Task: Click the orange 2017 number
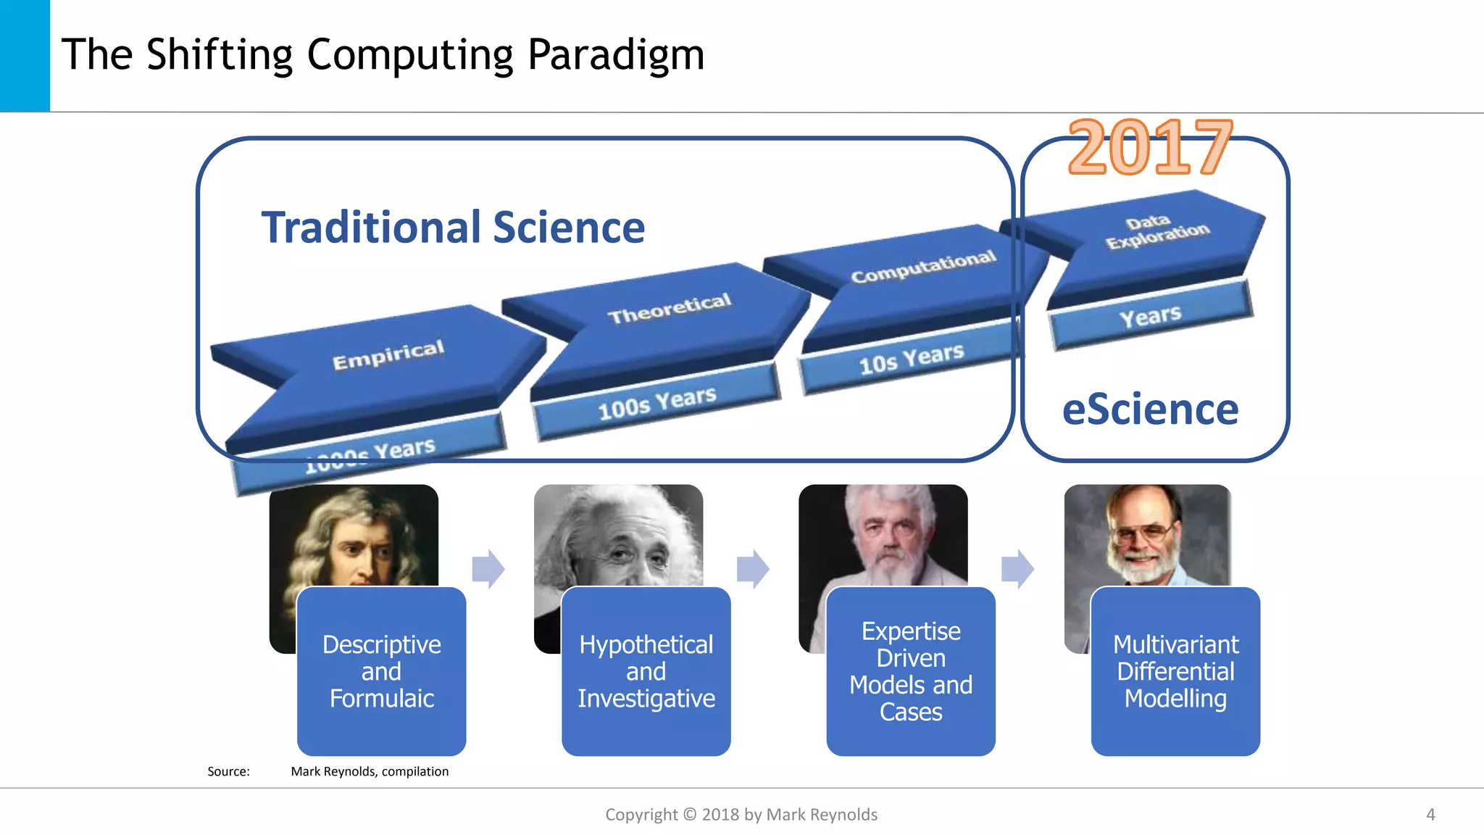tap(1150, 148)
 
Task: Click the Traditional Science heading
tap(453, 228)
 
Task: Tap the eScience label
tap(1150, 410)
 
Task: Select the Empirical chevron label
tap(388, 354)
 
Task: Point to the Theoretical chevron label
tap(669, 309)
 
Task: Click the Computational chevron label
tap(923, 267)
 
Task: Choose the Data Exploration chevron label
tap(1156, 231)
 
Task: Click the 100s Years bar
tap(656, 403)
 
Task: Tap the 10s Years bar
tap(911, 358)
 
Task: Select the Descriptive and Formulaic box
tap(381, 671)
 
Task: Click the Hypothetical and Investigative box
tap(646, 671)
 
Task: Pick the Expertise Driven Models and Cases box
tap(911, 671)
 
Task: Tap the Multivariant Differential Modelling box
tap(1175, 671)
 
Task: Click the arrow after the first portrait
tap(488, 568)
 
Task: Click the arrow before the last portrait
tap(1017, 568)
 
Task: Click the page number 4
tap(1430, 814)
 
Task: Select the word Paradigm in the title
tap(615, 55)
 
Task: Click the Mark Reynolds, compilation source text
tap(370, 771)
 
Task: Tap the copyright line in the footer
tap(741, 815)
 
